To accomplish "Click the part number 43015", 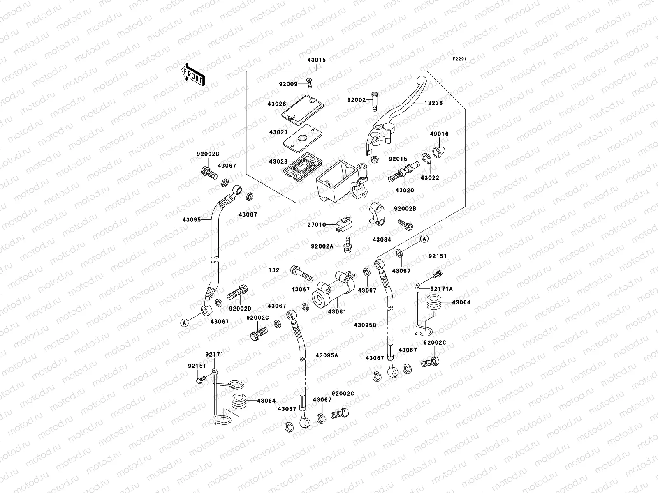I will (x=316, y=60).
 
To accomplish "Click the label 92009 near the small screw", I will (x=287, y=85).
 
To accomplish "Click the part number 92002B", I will (x=405, y=209).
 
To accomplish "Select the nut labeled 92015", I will (x=375, y=159).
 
